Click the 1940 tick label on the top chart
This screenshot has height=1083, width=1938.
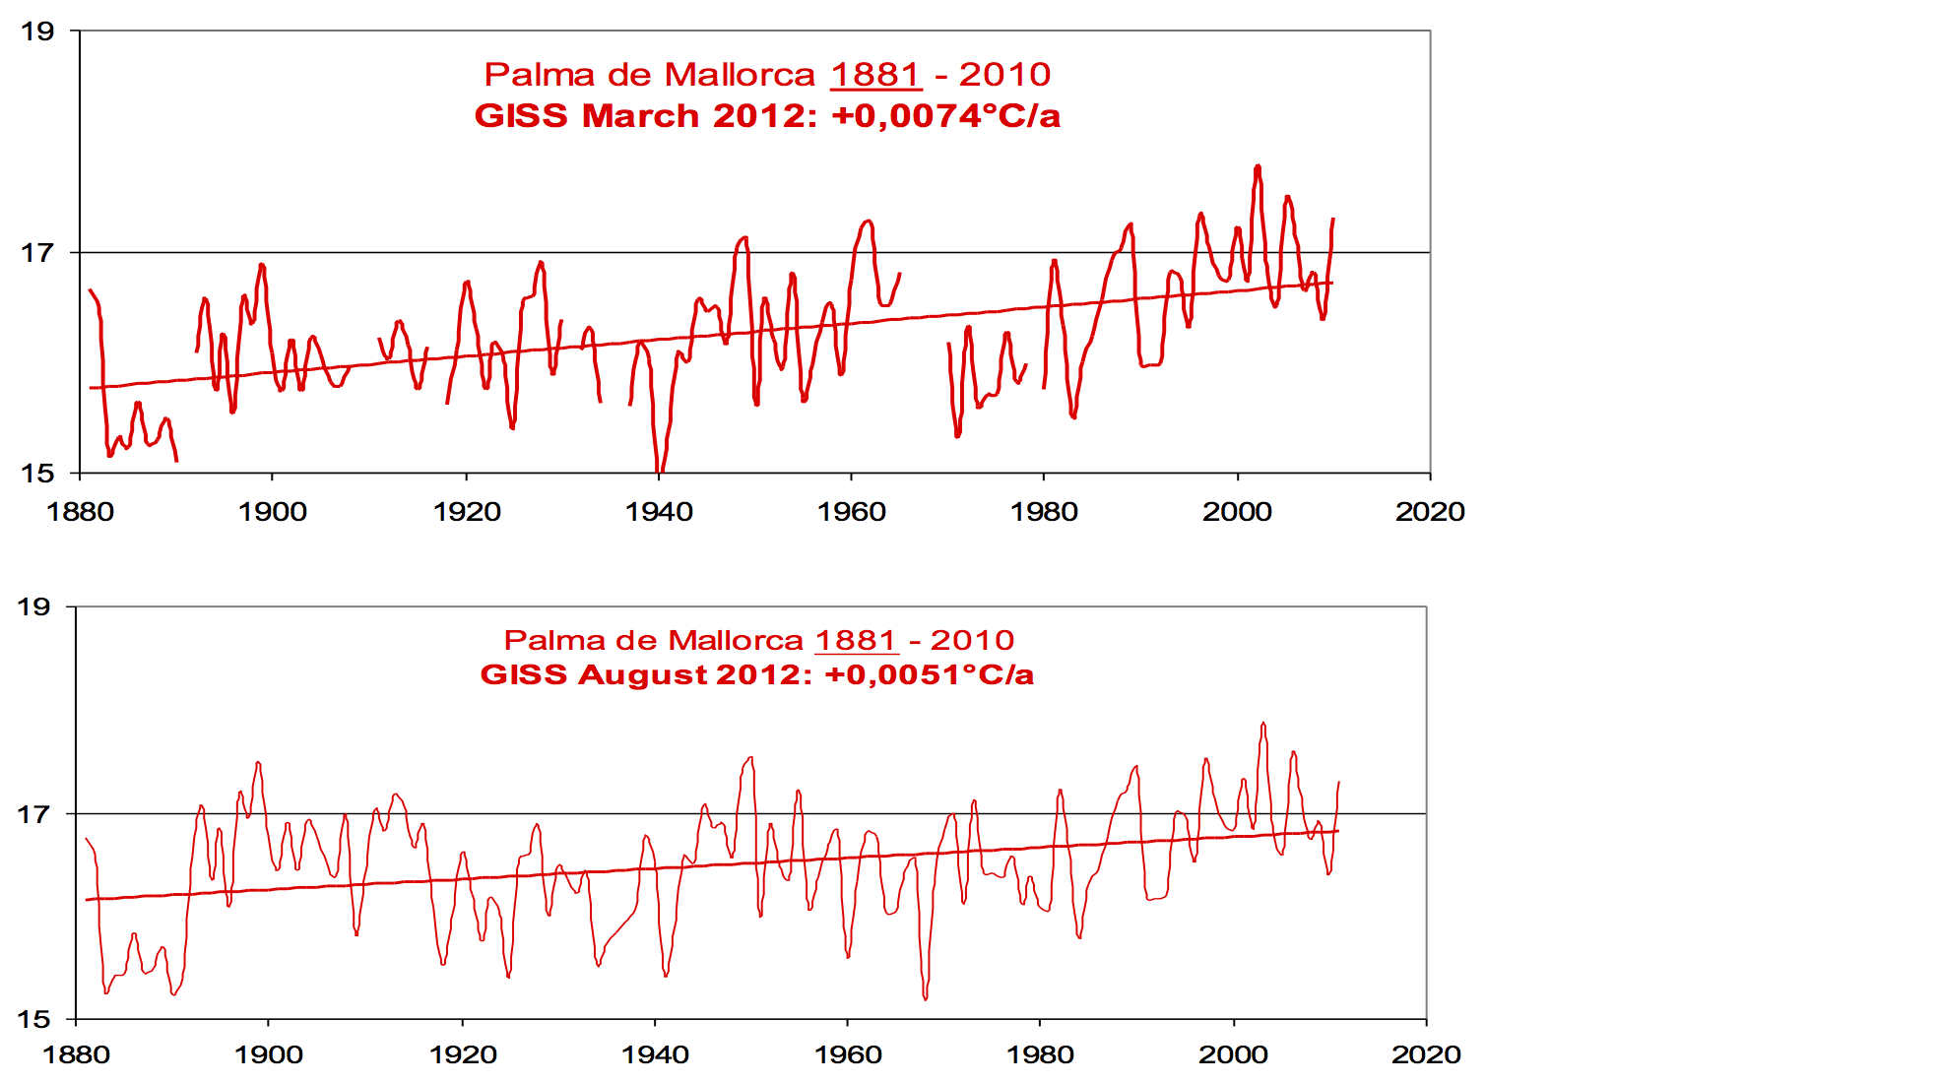pos(659,512)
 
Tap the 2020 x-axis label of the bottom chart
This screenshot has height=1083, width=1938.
pos(1426,1055)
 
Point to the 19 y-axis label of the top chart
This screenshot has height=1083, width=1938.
pos(37,32)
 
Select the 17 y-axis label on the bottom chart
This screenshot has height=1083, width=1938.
pos(33,814)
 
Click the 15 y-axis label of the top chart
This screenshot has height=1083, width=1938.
pos(37,474)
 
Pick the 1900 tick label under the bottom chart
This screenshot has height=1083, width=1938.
pos(269,1055)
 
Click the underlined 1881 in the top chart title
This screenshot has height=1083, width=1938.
pos(875,75)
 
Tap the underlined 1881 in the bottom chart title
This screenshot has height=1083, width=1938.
pos(856,640)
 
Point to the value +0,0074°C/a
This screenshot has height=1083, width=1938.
pos(945,116)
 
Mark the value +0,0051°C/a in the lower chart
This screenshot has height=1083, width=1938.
pos(929,675)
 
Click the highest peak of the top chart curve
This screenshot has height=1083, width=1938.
pos(1258,167)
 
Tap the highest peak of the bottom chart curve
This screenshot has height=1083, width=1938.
pos(1263,725)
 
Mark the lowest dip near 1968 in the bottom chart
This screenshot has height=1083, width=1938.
pos(926,998)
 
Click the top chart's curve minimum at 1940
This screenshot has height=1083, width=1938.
pos(659,471)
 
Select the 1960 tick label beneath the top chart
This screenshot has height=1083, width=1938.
pos(852,512)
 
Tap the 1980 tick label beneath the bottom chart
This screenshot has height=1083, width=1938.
pos(1040,1055)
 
